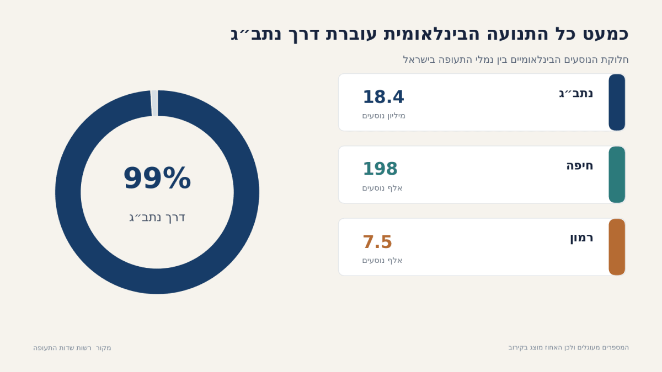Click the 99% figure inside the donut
click(157, 178)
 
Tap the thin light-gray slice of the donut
click(154, 103)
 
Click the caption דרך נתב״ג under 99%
click(157, 218)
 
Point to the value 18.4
click(383, 97)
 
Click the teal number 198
click(380, 169)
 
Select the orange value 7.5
click(377, 242)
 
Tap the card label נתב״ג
click(576, 94)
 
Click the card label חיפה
click(580, 166)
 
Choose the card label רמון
click(581, 238)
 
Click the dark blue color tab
click(617, 102)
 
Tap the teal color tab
click(617, 175)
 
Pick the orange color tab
click(617, 247)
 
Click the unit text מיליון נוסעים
click(383, 116)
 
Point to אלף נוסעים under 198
click(382, 188)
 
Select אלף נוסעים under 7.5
click(382, 260)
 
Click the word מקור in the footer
click(104, 348)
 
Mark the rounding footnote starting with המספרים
click(569, 348)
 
